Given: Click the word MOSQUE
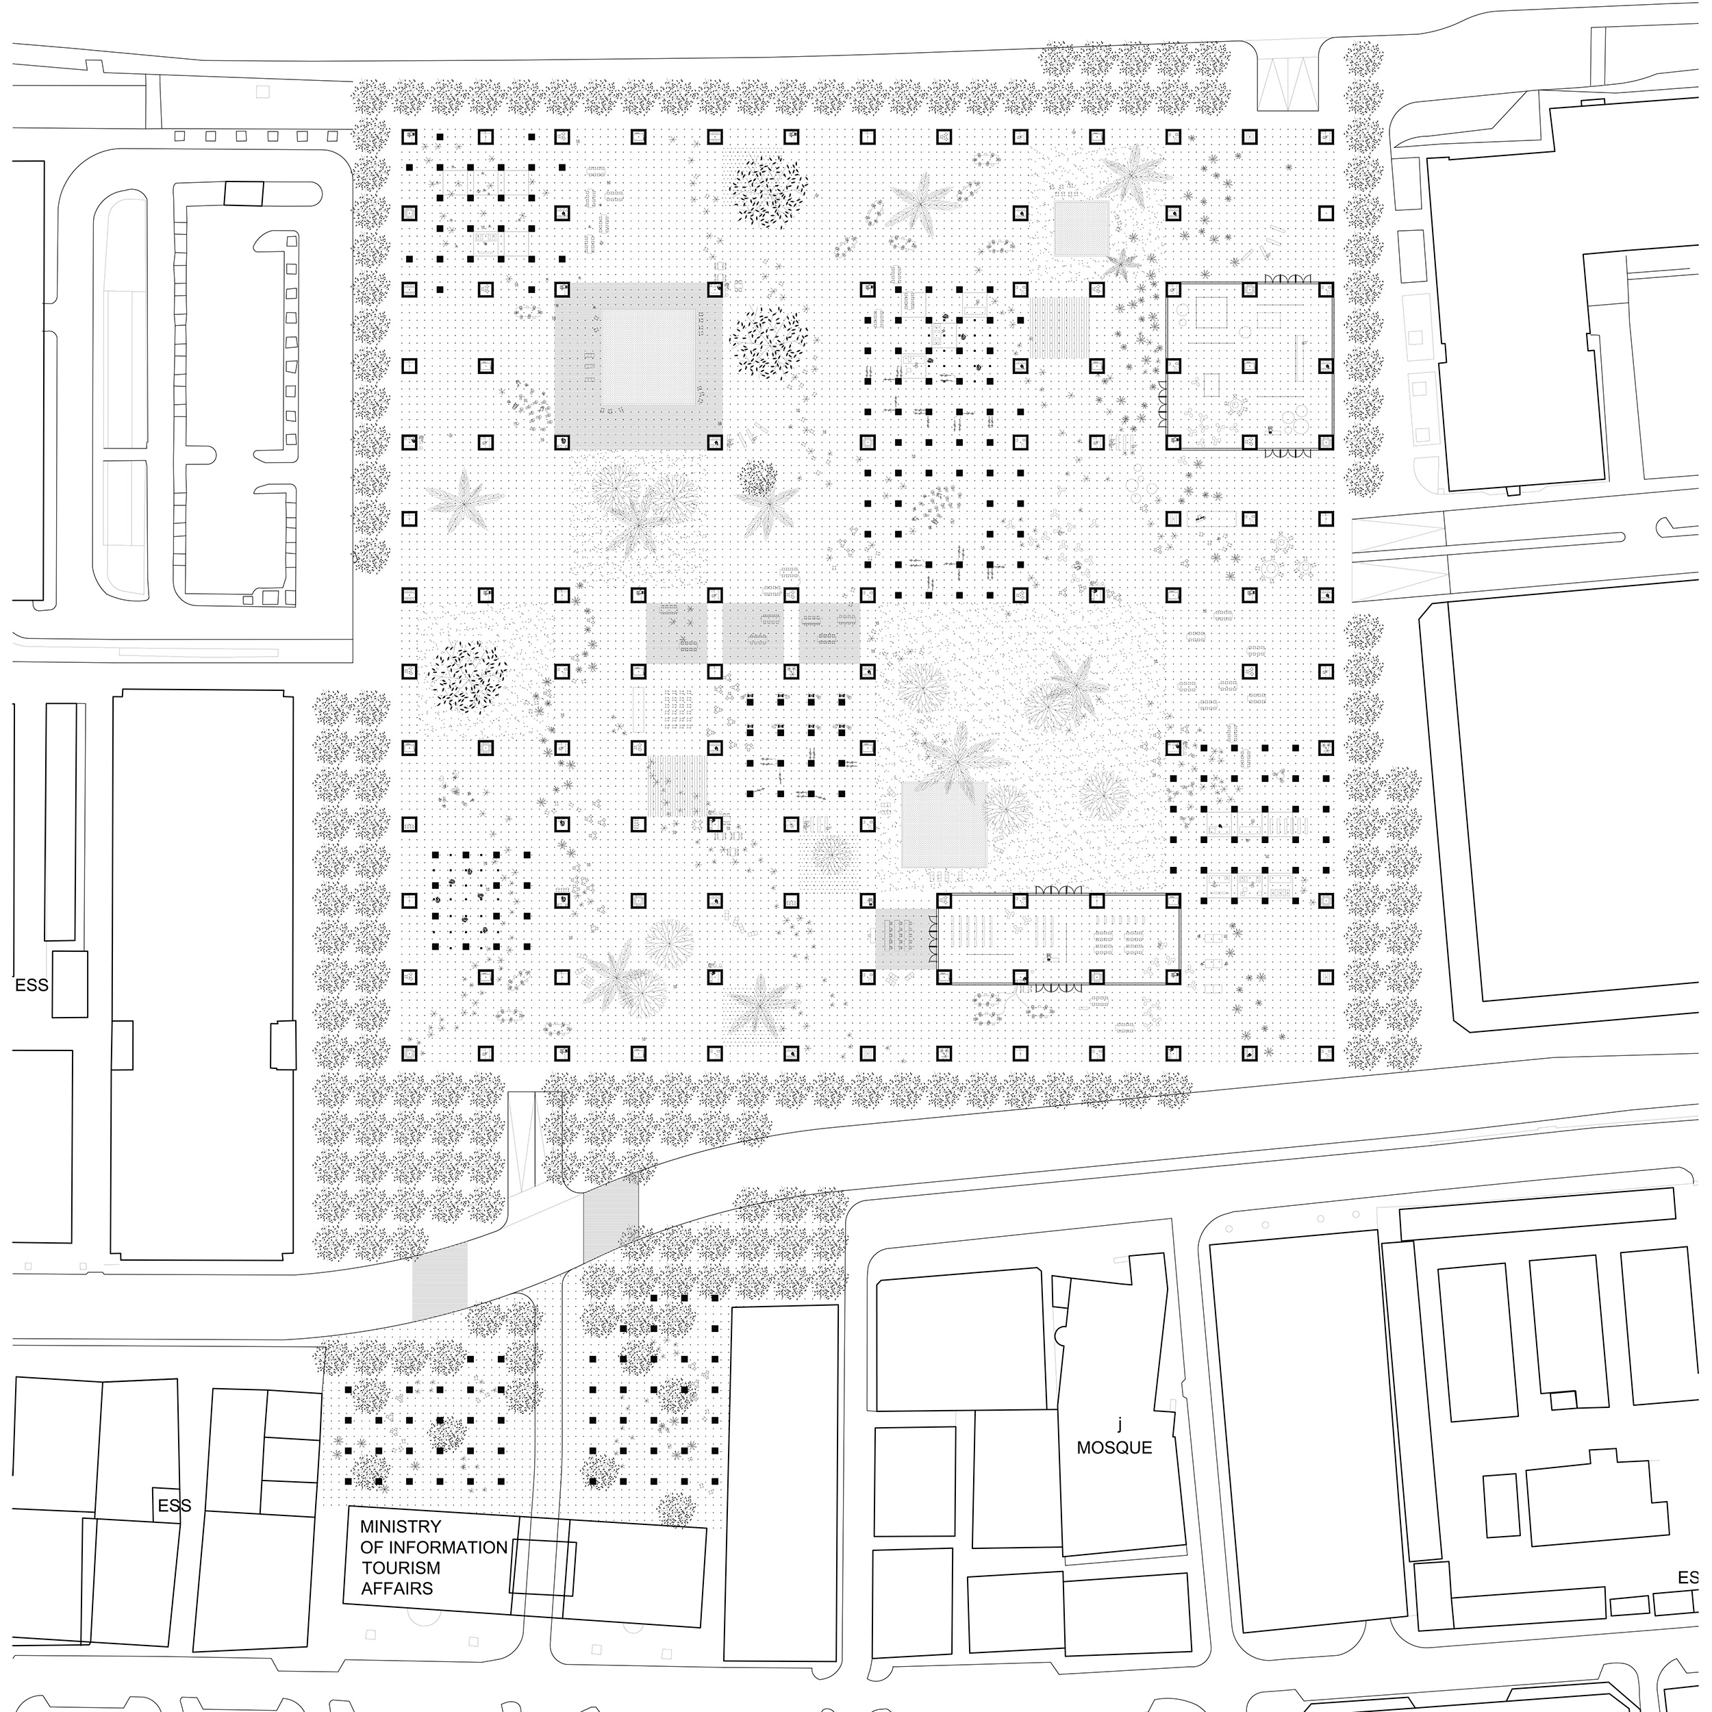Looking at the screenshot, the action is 1114,1447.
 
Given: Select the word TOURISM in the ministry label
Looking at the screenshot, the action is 401,1567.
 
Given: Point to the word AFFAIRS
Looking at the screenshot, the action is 397,1588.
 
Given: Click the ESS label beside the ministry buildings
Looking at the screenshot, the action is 175,1505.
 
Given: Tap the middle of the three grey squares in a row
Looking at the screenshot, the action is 753,633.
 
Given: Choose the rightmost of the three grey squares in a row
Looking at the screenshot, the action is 829,633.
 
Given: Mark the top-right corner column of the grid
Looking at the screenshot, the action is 1326,138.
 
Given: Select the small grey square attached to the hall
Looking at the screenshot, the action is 905,938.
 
